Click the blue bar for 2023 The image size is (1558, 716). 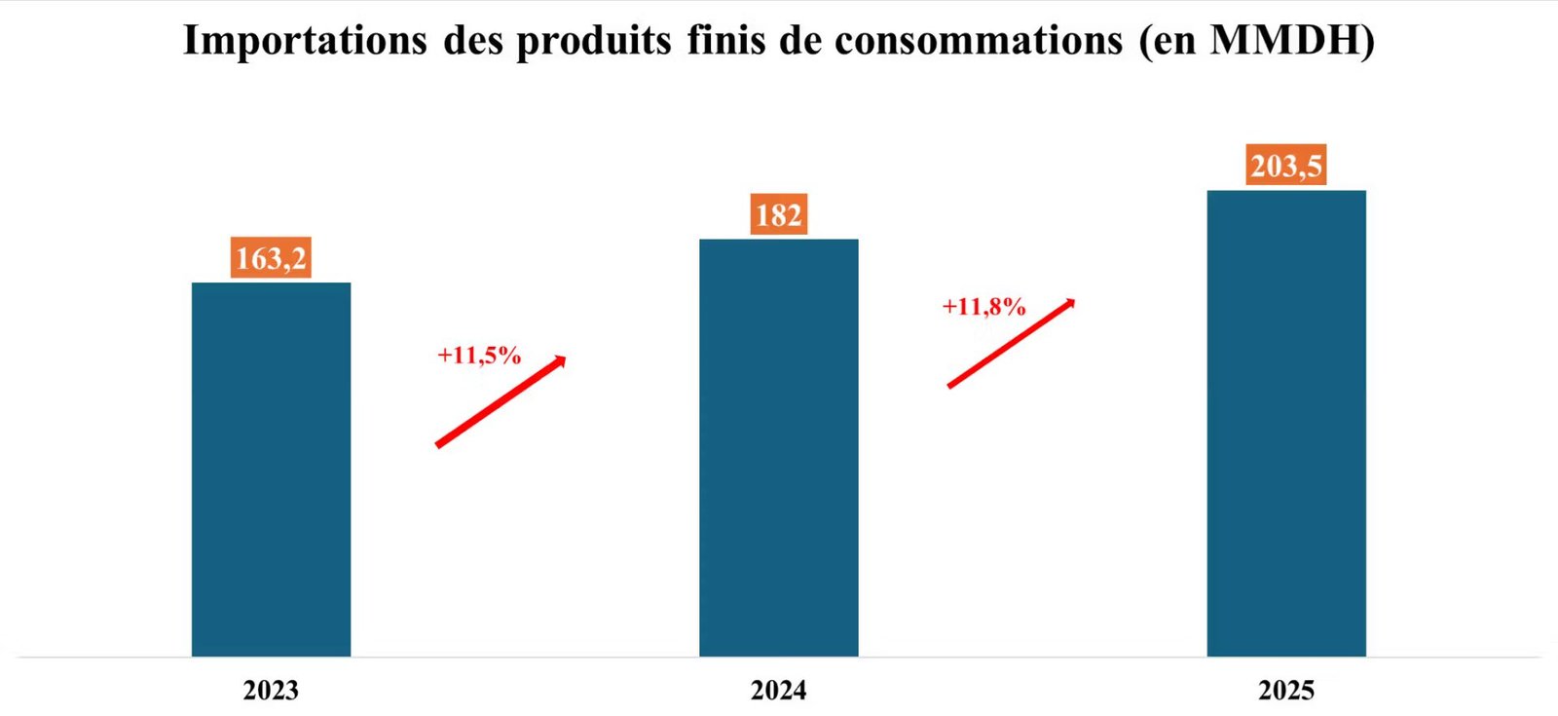pyautogui.click(x=272, y=469)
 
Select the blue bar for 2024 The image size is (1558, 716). pyautogui.click(x=779, y=447)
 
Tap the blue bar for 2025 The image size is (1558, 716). pyautogui.click(x=1286, y=423)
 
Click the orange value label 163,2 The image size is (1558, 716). pyautogui.click(x=271, y=257)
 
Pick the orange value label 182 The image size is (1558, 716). pyautogui.click(x=779, y=213)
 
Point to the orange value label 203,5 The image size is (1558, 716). pyautogui.click(x=1286, y=165)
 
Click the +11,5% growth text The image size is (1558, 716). pyautogui.click(x=479, y=355)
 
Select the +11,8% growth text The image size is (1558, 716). pyautogui.click(x=984, y=306)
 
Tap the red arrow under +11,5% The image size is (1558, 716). pyautogui.click(x=501, y=401)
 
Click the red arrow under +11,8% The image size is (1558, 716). pyautogui.click(x=1012, y=343)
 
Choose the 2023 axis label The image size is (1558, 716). pyautogui.click(x=271, y=691)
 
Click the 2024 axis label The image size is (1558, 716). pyautogui.click(x=778, y=691)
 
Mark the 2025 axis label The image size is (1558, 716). pyautogui.click(x=1286, y=691)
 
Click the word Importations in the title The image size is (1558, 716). pyautogui.click(x=305, y=40)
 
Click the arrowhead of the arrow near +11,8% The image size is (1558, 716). pyautogui.click(x=1069, y=304)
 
